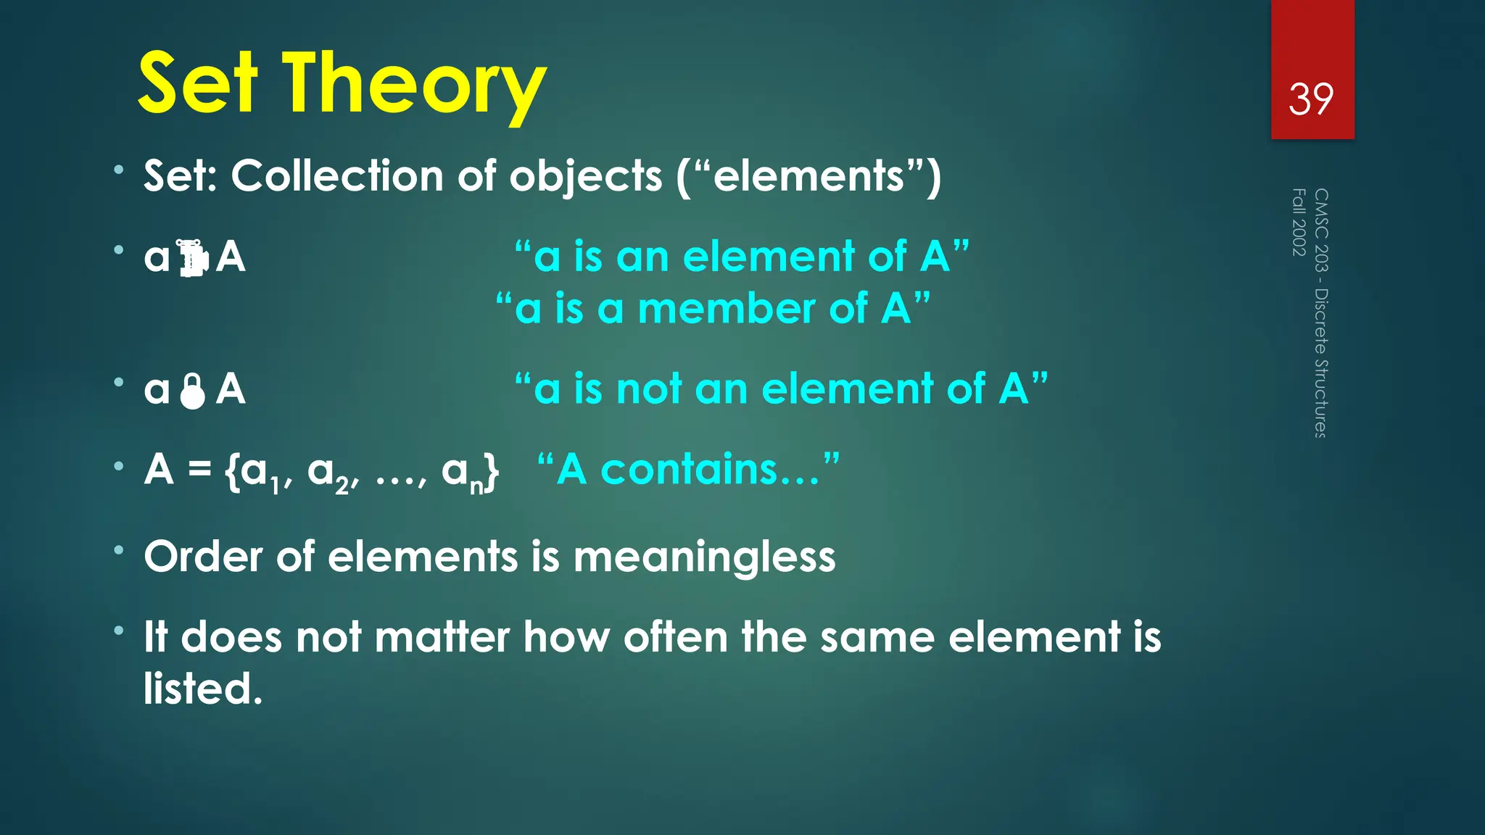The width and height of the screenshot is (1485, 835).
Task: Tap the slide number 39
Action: click(x=1311, y=99)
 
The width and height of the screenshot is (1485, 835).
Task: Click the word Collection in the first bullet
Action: click(x=337, y=176)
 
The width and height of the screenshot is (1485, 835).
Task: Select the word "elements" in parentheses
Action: click(x=808, y=176)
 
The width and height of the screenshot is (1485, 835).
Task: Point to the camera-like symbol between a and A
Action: click(x=193, y=258)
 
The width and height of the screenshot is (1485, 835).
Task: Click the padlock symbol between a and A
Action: click(x=193, y=391)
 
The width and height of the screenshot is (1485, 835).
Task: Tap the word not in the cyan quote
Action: click(x=649, y=389)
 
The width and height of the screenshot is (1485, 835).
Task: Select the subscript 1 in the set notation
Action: click(x=275, y=486)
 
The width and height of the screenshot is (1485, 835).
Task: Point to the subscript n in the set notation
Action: click(x=476, y=486)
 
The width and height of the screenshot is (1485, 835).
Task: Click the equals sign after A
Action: click(x=199, y=470)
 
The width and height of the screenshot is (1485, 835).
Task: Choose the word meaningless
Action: click(x=704, y=557)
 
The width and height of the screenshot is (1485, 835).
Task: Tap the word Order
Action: click(x=203, y=557)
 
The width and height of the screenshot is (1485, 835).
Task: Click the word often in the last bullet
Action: click(x=675, y=638)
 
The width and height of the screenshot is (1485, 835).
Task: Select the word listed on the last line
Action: click(x=202, y=689)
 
